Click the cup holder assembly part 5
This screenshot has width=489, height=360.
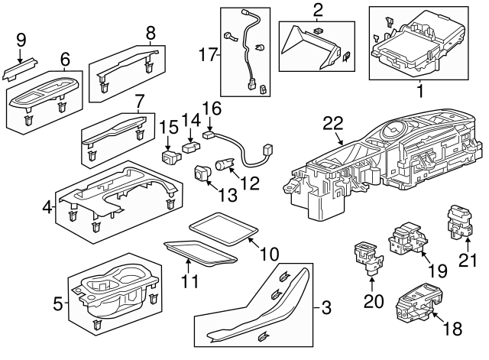point(115,294)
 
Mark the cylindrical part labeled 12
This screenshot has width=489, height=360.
point(226,164)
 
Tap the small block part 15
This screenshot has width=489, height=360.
point(170,157)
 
